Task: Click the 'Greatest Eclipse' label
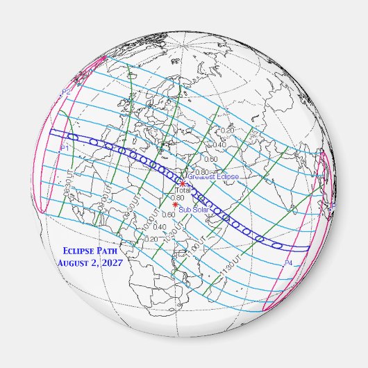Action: point(213,178)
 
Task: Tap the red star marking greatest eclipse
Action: point(183,183)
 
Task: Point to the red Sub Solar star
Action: point(175,204)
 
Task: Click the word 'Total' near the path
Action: point(183,190)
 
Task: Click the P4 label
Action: point(289,263)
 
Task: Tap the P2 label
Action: point(66,92)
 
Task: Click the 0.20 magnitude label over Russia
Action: point(227,131)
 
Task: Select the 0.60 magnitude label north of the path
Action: point(212,159)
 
